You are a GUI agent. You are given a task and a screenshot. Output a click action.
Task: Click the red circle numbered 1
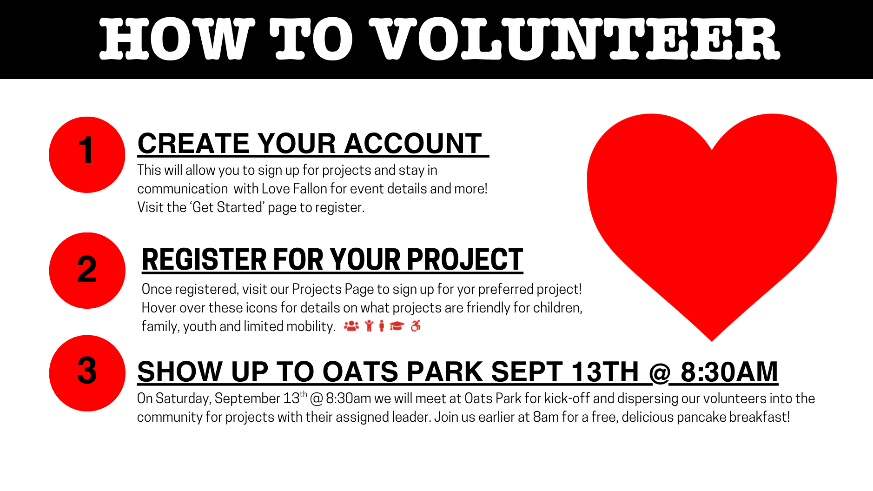pos(87,154)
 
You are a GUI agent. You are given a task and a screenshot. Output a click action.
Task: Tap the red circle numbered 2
pos(87,271)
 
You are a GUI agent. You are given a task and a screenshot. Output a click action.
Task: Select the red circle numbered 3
pos(87,373)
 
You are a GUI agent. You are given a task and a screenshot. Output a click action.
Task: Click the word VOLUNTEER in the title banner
pos(574,40)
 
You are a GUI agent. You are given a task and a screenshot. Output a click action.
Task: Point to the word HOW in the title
pos(177,40)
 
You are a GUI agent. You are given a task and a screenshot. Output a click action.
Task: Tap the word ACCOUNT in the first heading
pos(413,143)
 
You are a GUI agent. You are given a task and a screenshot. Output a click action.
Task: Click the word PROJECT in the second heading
pos(465,259)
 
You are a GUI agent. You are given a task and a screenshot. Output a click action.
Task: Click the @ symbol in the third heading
pos(660,372)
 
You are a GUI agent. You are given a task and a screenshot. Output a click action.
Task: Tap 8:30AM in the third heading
pos(729,372)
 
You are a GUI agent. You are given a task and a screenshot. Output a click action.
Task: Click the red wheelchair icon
pos(416,326)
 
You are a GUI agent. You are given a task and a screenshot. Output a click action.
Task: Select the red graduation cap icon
pos(397,326)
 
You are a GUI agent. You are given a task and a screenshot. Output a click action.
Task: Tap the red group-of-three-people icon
pos(351,326)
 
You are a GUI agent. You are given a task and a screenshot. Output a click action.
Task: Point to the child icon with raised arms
pos(369,326)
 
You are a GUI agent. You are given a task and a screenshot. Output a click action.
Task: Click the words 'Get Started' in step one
pos(227,207)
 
